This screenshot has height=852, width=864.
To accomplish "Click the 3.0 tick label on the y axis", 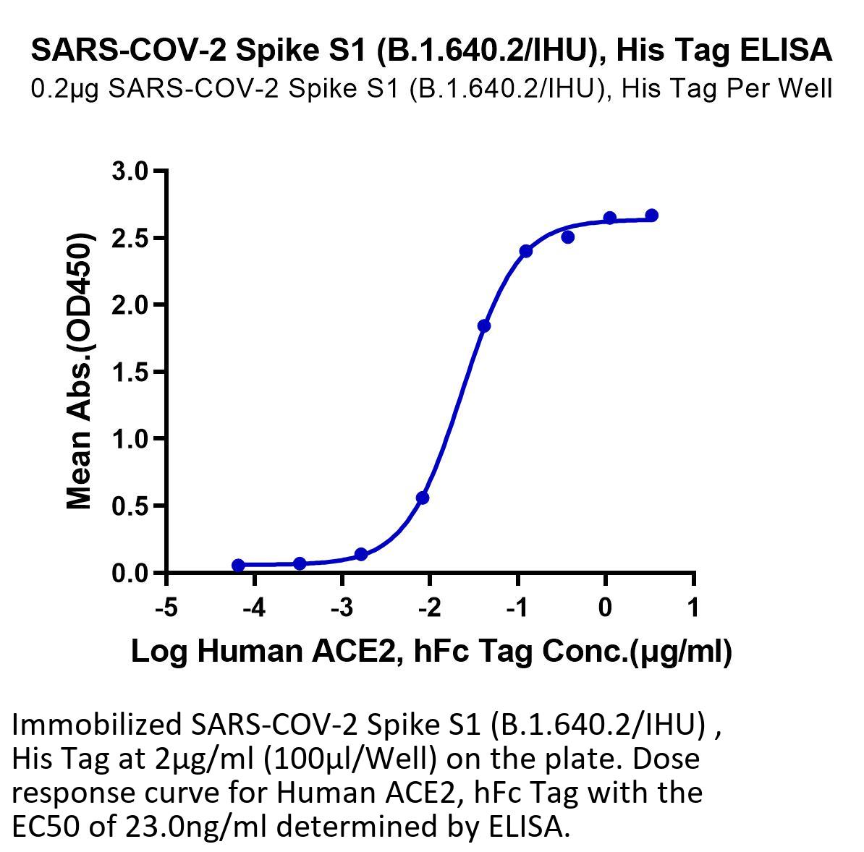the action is click(x=130, y=171).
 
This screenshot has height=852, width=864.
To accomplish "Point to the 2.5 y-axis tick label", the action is click(x=130, y=238).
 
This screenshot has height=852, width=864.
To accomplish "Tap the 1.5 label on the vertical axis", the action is click(x=130, y=372).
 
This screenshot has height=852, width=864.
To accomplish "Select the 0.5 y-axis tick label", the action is click(x=130, y=506).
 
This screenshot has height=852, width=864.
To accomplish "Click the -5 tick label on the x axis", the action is click(x=166, y=608).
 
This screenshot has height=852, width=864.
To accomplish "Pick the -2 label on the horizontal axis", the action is click(x=430, y=608).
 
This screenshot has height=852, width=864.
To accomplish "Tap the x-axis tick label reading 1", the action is click(x=694, y=608).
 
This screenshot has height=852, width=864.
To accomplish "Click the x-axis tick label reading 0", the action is click(x=606, y=608).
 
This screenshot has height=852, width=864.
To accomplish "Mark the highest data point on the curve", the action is click(x=652, y=216).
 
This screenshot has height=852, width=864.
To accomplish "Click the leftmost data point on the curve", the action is click(x=238, y=566).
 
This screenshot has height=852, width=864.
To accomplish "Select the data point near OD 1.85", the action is click(x=484, y=326).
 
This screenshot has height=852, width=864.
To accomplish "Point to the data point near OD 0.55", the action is click(x=423, y=498).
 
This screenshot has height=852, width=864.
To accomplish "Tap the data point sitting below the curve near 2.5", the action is click(x=568, y=237).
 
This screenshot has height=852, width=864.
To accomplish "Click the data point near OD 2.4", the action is click(x=525, y=251).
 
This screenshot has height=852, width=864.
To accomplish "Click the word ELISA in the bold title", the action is click(x=786, y=50).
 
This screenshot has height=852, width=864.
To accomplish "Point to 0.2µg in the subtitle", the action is click(x=64, y=89).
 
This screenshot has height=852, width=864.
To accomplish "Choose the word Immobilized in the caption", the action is click(x=96, y=725).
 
